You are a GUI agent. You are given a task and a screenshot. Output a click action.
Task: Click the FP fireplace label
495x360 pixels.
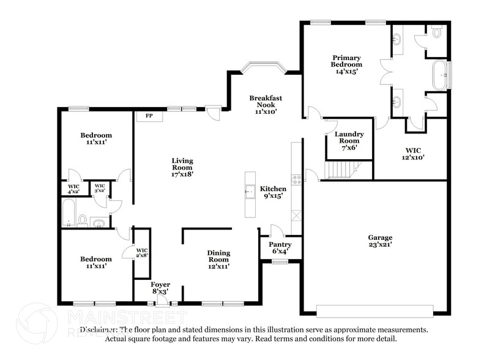click(x=149, y=116)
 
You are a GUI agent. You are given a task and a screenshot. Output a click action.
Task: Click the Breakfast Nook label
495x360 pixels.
click(x=266, y=105)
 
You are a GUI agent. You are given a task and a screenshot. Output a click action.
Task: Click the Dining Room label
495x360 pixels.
click(x=218, y=257)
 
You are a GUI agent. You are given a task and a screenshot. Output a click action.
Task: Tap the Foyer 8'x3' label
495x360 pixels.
click(x=160, y=288)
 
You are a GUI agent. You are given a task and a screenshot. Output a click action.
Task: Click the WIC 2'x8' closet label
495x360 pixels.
click(x=142, y=253)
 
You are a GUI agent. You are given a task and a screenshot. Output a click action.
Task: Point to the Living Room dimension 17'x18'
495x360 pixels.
click(x=182, y=174)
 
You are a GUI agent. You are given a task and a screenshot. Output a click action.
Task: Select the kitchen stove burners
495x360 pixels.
click(x=296, y=179)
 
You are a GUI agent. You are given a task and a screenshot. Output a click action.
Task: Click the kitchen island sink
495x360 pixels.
click(x=250, y=192)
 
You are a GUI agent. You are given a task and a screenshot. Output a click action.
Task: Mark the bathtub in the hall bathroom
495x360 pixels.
click(x=69, y=212)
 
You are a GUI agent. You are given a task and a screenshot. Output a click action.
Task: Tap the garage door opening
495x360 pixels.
click(x=378, y=310)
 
